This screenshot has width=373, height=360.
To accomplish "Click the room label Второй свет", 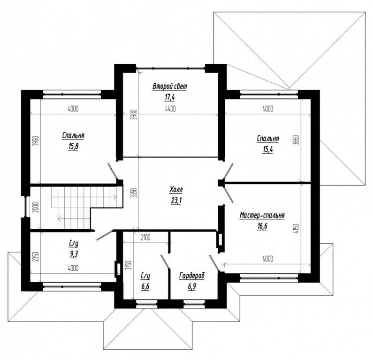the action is [x=170, y=86].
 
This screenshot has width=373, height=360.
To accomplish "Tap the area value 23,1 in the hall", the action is [x=176, y=201].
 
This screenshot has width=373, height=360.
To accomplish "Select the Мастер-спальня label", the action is [x=262, y=216].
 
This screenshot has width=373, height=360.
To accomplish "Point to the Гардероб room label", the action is [x=192, y=276].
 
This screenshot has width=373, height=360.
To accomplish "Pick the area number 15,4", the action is [x=267, y=150].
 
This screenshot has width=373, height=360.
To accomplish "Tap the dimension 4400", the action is [x=170, y=109].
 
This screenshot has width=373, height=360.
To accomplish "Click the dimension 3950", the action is [x=36, y=142].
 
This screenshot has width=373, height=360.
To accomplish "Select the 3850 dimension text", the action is [x=297, y=141].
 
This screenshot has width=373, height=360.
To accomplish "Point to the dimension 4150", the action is [x=297, y=229].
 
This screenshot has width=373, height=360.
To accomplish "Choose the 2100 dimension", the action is [x=145, y=237].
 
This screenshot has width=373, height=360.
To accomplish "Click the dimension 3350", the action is [x=135, y=194].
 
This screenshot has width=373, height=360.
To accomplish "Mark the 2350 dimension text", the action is [x=36, y=256].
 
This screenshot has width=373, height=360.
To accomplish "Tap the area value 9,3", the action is [x=74, y=255].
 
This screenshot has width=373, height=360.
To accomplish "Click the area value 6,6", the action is [x=145, y=286].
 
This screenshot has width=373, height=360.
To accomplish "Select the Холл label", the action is [x=176, y=190].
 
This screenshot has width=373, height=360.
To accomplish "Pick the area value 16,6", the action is [x=262, y=226].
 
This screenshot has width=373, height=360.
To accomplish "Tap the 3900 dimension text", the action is [x=134, y=114].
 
